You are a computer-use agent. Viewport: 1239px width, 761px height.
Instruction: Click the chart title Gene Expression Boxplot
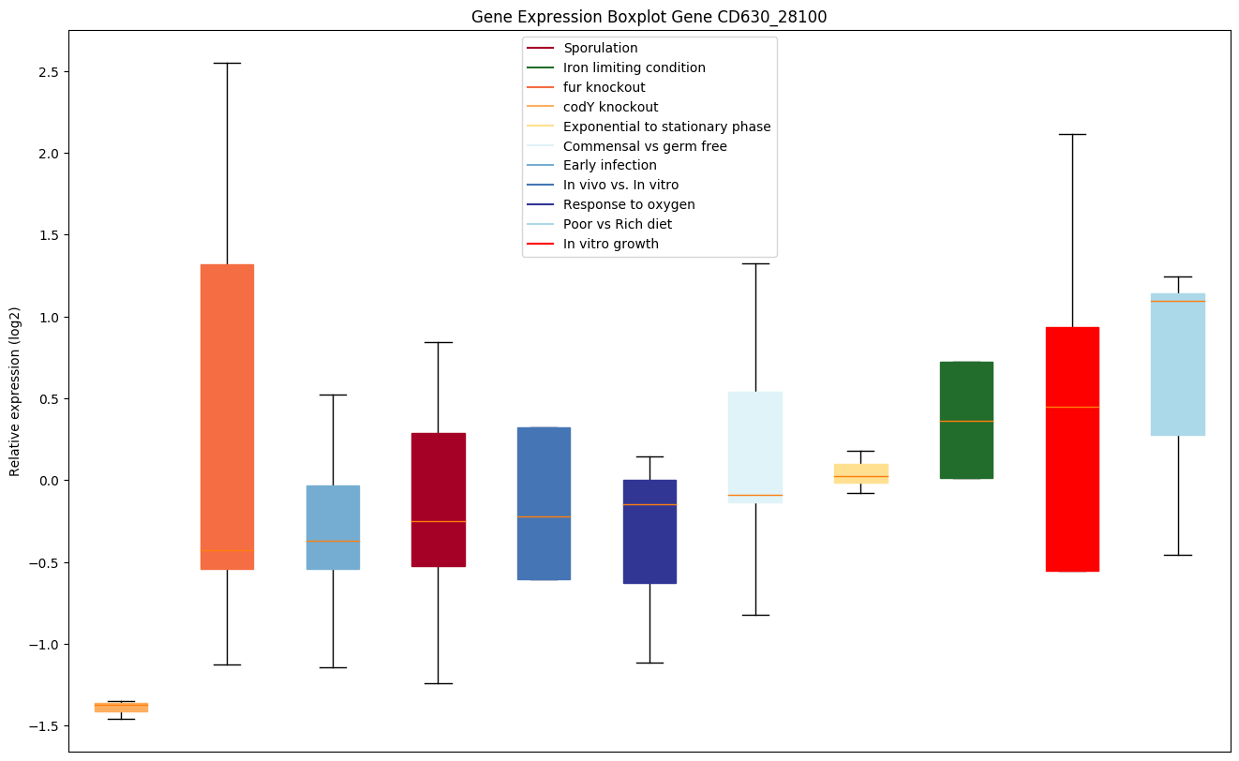pyautogui.click(x=649, y=17)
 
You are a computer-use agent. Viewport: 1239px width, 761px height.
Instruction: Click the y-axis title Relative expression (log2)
pyautogui.click(x=15, y=391)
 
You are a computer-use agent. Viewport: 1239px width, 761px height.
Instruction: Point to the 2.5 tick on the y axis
pyautogui.click(x=44, y=72)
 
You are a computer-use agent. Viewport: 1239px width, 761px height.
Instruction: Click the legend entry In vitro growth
pyautogui.click(x=610, y=244)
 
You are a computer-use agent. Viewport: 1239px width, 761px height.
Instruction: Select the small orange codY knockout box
pyautogui.click(x=121, y=708)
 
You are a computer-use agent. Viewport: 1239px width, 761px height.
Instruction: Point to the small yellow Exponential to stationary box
pyautogui.click(x=860, y=473)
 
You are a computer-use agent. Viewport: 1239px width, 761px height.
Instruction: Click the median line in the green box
pyautogui.click(x=966, y=421)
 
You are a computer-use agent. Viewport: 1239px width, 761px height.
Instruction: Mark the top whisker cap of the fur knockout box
pyautogui.click(x=227, y=63)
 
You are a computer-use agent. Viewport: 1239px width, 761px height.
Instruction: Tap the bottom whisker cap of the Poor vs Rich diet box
pyautogui.click(x=1178, y=555)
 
